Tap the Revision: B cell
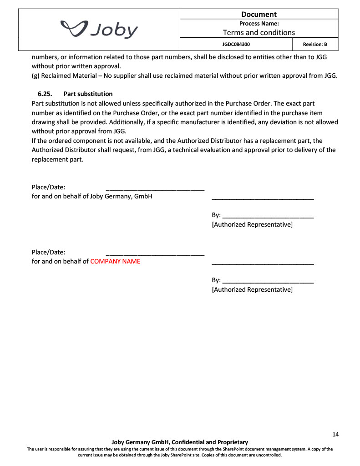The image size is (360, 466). click(x=315, y=45)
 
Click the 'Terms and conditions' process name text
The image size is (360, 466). click(x=259, y=32)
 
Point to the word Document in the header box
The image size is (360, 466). click(x=259, y=14)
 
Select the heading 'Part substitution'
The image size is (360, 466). click(x=88, y=94)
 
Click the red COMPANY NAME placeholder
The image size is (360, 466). click(x=115, y=261)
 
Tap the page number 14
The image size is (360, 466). click(x=335, y=434)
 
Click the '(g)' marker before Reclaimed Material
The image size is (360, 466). click(x=35, y=76)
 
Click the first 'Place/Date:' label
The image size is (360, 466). click(x=48, y=187)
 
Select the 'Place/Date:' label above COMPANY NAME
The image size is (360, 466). click(x=48, y=252)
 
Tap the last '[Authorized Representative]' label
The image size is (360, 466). click(x=252, y=289)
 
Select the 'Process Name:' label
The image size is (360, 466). click(x=259, y=23)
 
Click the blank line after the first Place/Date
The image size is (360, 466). click(x=155, y=188)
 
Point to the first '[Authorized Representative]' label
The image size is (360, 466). click(x=252, y=224)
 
